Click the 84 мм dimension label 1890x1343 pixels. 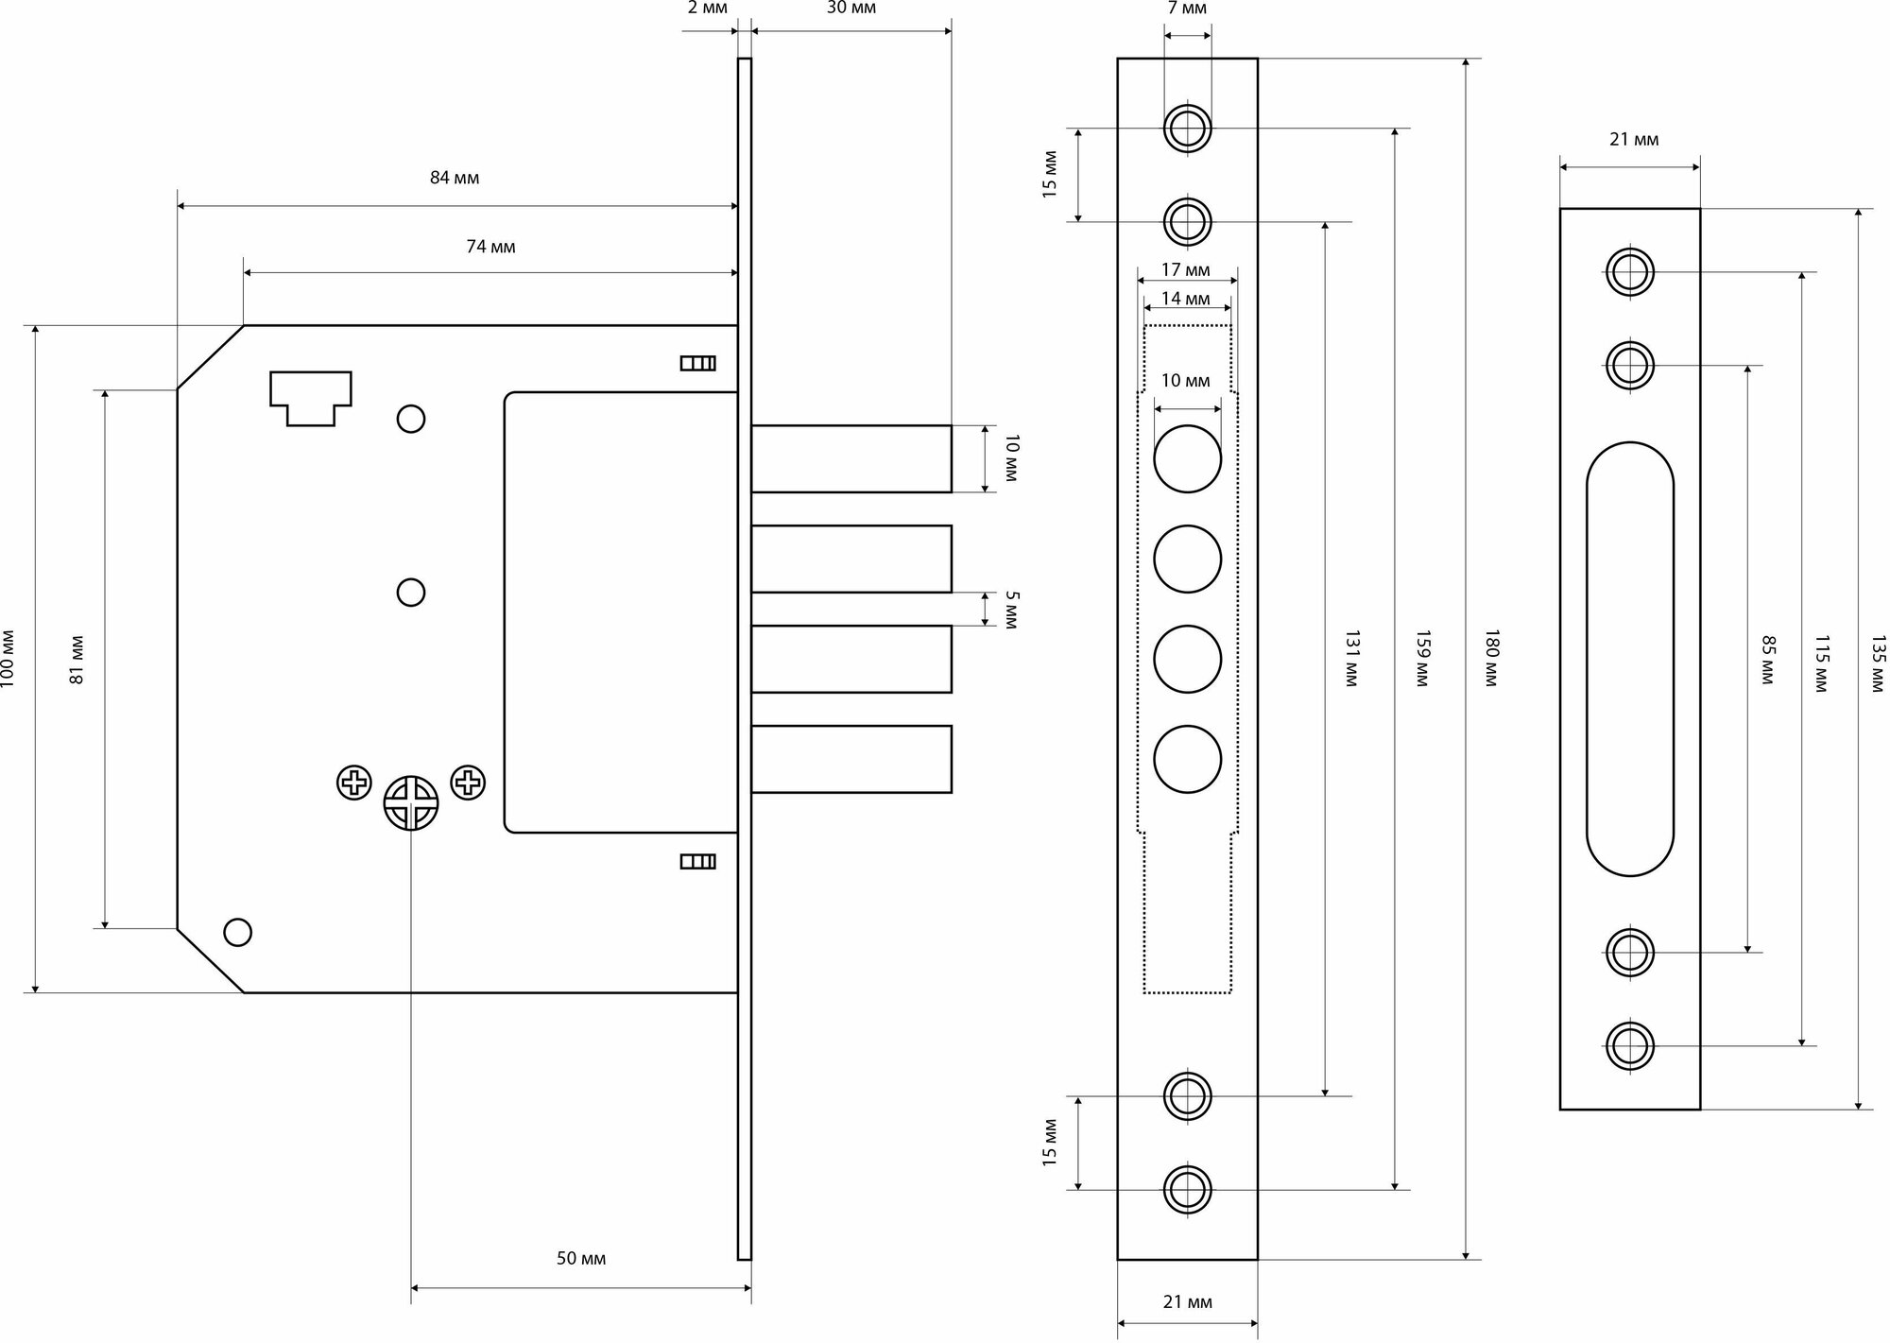point(455,179)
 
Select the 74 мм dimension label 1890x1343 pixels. point(490,247)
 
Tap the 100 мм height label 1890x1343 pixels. point(9,659)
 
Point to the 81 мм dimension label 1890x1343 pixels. point(77,659)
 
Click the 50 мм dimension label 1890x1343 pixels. point(580,1258)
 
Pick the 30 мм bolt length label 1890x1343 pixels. point(850,9)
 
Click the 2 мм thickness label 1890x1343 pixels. point(707,9)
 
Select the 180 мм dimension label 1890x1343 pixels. point(1492,659)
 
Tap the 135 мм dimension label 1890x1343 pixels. point(1878,664)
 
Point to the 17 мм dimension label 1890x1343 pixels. point(1185,270)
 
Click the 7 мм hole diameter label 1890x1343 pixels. point(1187,9)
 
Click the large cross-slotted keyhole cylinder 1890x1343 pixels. point(411,803)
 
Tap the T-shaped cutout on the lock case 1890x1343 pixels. point(311,398)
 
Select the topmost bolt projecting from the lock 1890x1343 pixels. point(850,458)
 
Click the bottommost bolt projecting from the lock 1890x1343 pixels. point(850,759)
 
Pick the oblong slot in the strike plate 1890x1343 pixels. point(1630,659)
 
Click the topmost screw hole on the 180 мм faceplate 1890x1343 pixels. point(1187,128)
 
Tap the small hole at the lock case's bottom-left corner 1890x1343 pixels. point(237,933)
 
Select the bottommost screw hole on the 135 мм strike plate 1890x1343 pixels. point(1630,1045)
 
